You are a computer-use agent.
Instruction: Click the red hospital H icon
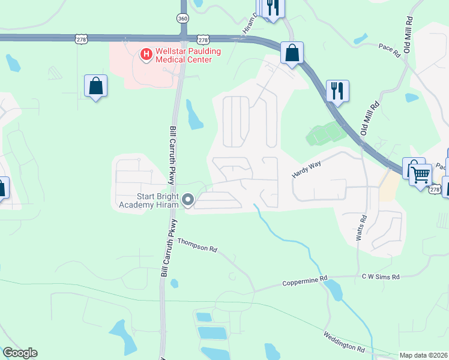pyautogui.click(x=145, y=55)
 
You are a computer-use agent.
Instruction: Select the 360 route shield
pyautogui.click(x=183, y=19)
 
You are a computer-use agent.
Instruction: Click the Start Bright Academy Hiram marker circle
pyautogui.click(x=188, y=200)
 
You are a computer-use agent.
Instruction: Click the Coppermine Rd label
pyautogui.click(x=305, y=280)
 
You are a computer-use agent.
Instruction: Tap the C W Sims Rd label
pyautogui.click(x=380, y=277)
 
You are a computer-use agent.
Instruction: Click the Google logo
pyautogui.click(x=20, y=353)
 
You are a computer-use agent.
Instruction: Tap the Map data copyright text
pyautogui.click(x=424, y=355)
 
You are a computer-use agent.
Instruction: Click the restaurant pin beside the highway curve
pyautogui.click(x=337, y=91)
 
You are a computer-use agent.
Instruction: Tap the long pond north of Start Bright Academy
pyautogui.click(x=194, y=115)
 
